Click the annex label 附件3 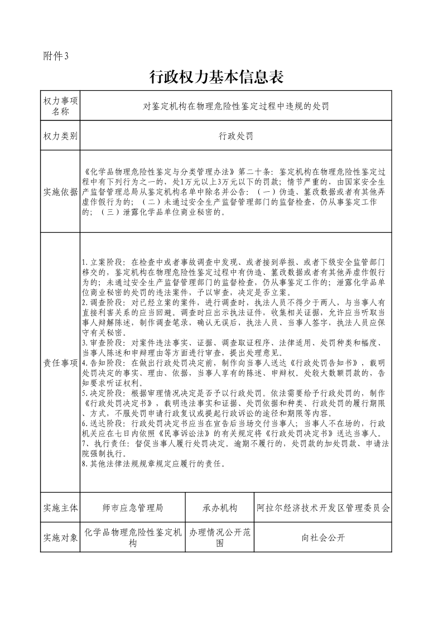(x=55, y=56)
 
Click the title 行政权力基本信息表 (x=217, y=77)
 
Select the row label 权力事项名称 (x=60, y=105)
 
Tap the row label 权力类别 (x=60, y=136)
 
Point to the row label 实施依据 (x=60, y=192)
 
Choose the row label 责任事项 (x=60, y=363)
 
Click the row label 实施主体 (x=60, y=508)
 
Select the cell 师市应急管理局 (x=133, y=508)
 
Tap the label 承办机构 (x=220, y=508)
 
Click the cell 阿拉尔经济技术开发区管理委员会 (x=323, y=508)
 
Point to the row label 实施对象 (x=60, y=538)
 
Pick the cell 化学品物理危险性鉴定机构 (x=133, y=538)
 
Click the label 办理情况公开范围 (x=220, y=538)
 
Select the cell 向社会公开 (x=323, y=538)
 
